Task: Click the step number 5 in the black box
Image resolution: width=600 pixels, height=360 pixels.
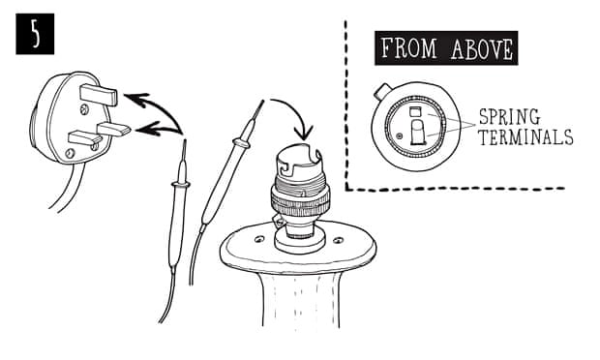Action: click(35, 36)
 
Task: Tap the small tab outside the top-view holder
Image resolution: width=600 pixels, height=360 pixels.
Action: click(382, 91)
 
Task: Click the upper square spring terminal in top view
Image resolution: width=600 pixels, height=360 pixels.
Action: click(416, 113)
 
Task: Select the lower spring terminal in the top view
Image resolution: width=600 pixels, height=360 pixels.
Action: click(417, 137)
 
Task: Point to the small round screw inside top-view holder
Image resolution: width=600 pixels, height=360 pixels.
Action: click(400, 136)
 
